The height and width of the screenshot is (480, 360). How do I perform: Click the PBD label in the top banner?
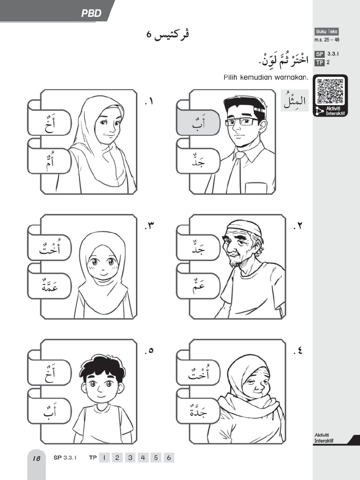91,14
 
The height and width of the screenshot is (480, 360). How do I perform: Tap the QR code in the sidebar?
330,91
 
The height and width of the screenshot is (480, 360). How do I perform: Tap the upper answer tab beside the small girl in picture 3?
49,248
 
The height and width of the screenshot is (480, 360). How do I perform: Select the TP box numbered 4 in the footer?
142,458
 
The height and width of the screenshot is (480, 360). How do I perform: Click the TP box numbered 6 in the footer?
168,458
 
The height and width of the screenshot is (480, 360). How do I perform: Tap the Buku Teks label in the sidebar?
327,32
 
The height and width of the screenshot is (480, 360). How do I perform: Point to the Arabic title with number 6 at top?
168,35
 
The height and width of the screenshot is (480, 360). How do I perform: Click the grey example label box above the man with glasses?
294,100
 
